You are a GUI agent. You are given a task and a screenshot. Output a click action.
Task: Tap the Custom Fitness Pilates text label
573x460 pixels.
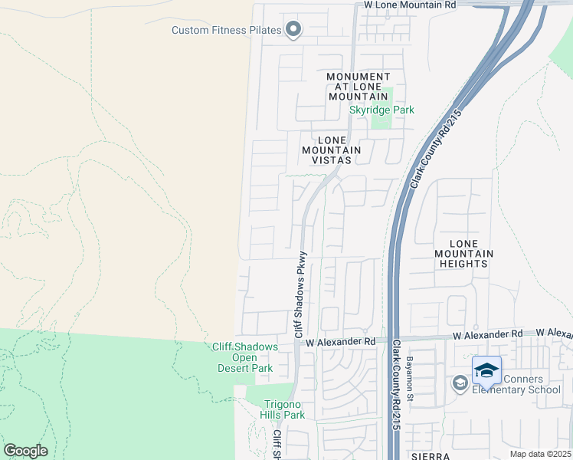point(227,31)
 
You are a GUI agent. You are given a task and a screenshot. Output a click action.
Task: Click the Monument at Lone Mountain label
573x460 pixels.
point(359,87)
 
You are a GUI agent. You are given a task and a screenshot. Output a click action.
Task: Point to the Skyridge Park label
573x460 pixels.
point(381,110)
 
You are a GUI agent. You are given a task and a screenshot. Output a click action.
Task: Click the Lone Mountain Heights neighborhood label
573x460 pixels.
point(463,253)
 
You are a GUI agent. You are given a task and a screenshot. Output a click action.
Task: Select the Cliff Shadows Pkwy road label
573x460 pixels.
point(300,295)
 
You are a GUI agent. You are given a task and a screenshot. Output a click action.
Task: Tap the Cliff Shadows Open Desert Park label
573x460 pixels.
point(244,357)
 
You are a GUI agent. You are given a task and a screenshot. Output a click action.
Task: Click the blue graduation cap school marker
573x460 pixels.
point(486,371)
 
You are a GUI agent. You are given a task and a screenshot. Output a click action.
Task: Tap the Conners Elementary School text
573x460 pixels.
point(516,384)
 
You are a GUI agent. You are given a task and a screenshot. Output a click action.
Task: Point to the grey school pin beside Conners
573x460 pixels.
point(460,383)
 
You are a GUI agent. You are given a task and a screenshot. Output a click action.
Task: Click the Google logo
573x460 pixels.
point(25,450)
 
